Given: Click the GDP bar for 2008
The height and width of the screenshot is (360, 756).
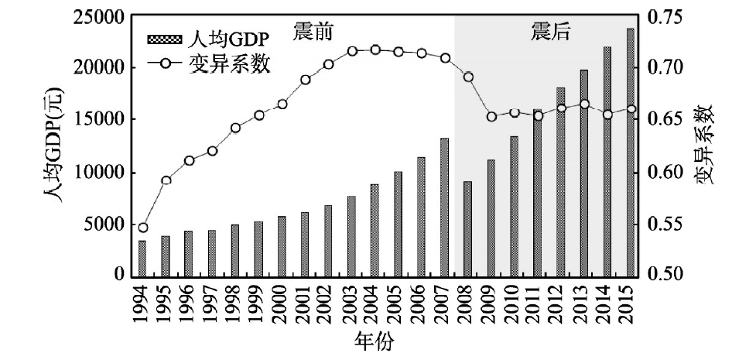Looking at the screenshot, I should tap(467, 228).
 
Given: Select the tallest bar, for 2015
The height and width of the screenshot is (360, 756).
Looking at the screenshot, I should tap(631, 152).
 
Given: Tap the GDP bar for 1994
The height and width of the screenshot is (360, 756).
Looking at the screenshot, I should tap(142, 258).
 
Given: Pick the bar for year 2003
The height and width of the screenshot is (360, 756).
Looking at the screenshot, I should tap(351, 235).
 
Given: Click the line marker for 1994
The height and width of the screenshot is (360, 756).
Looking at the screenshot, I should tap(143, 228).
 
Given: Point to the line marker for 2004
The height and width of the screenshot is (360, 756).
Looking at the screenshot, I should tap(375, 50).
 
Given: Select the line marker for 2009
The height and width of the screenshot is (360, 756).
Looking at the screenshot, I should tap(491, 117).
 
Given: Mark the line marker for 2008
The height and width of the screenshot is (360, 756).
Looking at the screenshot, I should tap(467, 77).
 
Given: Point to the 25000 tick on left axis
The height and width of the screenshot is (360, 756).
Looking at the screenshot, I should tap(102, 16).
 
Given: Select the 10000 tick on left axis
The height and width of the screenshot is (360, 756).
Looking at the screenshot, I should tap(102, 172).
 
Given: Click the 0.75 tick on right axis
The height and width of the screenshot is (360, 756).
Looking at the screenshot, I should tap(662, 16).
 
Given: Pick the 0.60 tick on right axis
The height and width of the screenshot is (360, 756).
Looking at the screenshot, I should tap(662, 172).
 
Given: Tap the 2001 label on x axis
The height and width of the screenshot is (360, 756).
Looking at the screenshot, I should tap(305, 307).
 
